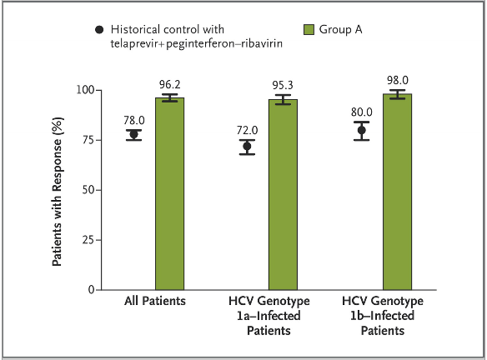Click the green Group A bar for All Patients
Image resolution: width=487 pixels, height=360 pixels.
[169, 194]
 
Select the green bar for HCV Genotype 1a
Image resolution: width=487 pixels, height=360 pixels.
[283, 195]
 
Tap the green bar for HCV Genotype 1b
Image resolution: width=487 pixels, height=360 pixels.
[397, 192]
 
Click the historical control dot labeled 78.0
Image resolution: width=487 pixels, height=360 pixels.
[134, 135]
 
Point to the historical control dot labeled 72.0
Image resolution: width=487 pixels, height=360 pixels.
[247, 146]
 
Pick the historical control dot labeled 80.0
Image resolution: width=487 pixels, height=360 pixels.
[362, 130]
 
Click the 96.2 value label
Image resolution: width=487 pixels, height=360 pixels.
[170, 84]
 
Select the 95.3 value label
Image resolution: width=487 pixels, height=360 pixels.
[283, 85]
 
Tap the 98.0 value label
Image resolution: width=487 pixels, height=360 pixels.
[398, 80]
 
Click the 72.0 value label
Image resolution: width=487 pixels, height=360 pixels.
[247, 130]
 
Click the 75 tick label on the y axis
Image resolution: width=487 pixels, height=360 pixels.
[88, 140]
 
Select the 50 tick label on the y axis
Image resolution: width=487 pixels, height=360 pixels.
[88, 190]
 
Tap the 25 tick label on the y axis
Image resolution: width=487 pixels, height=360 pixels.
[88, 240]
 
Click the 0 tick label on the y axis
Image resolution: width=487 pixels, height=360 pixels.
[91, 290]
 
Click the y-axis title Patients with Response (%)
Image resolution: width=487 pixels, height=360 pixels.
[58, 192]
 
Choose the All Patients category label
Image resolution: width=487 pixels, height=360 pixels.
[155, 301]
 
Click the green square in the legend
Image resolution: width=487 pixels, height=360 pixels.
[309, 30]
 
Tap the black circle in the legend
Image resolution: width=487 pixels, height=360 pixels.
[99, 30]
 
